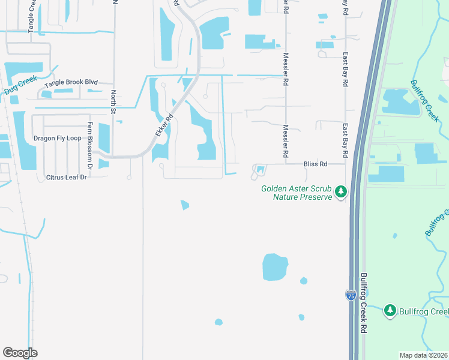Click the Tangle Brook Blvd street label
(x=74, y=83)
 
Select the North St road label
(x=113, y=101)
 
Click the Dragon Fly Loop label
(x=57, y=138)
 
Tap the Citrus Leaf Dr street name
(x=67, y=178)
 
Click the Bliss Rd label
(x=315, y=164)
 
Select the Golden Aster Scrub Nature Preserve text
(x=297, y=193)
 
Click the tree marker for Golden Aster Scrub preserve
(x=341, y=192)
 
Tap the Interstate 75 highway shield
(x=351, y=295)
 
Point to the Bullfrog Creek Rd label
(x=364, y=304)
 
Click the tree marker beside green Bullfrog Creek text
(x=390, y=310)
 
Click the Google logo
(x=20, y=353)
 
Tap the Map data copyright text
(x=423, y=355)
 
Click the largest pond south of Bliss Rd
(x=276, y=267)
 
